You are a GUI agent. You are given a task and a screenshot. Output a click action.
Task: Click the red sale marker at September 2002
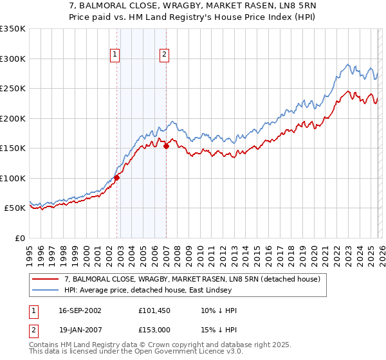[x=117, y=177]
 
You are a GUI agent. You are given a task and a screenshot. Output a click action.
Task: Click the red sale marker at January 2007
[x=166, y=147]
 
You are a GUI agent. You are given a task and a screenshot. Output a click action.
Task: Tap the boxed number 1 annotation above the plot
[x=115, y=55]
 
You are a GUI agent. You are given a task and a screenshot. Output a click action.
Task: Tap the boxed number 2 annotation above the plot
[x=164, y=55]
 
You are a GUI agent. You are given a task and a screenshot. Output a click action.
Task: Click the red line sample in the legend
[x=46, y=279]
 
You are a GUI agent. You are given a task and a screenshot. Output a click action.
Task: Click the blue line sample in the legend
[x=46, y=290]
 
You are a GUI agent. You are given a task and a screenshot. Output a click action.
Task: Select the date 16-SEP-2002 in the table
[x=80, y=310]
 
